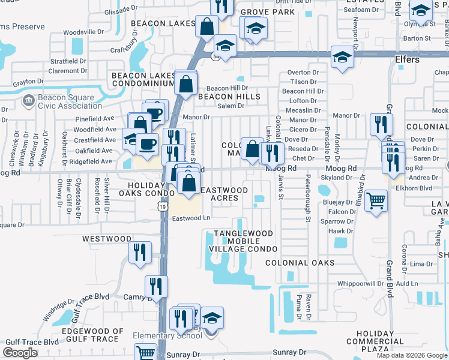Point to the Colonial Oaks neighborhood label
[x=300, y=263]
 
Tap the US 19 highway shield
[x=162, y=206]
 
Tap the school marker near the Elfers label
[x=342, y=56]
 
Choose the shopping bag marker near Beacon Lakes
[x=206, y=26]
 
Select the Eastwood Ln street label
[x=191, y=218]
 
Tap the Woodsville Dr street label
[x=83, y=31]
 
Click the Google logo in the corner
[x=20, y=353]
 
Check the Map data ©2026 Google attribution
[x=411, y=355]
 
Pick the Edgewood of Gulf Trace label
[x=92, y=335]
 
